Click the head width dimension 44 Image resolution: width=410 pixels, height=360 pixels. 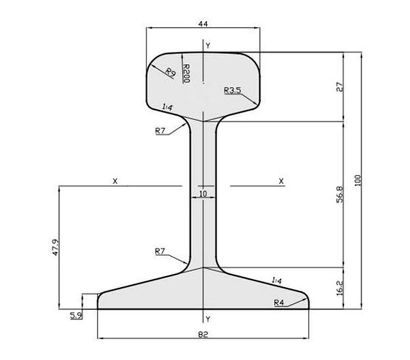(203, 24)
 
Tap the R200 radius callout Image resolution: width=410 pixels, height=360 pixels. (186, 73)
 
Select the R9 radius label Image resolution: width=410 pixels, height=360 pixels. (170, 72)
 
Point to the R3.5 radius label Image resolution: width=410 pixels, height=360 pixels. (232, 90)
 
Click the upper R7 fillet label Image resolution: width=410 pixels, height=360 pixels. (160, 131)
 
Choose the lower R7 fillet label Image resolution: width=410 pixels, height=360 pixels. (160, 251)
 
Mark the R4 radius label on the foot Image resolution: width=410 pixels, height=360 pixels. (279, 303)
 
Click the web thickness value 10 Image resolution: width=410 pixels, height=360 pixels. (203, 193)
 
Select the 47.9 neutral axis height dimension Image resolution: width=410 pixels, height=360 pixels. (56, 247)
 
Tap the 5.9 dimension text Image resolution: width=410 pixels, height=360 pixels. (77, 316)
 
